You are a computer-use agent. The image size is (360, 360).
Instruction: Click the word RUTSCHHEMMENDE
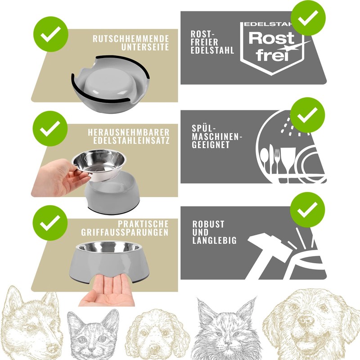point(130,39)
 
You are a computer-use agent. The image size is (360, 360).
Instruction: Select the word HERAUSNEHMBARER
point(129,132)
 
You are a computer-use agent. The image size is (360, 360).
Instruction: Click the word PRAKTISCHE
point(144,224)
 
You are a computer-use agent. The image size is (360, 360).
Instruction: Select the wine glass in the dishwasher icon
point(288,160)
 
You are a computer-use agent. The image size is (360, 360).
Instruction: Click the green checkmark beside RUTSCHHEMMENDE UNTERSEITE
point(50,34)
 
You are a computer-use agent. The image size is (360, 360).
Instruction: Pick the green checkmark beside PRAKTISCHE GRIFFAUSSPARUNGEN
point(50,221)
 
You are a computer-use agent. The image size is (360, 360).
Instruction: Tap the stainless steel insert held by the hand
point(99,164)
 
